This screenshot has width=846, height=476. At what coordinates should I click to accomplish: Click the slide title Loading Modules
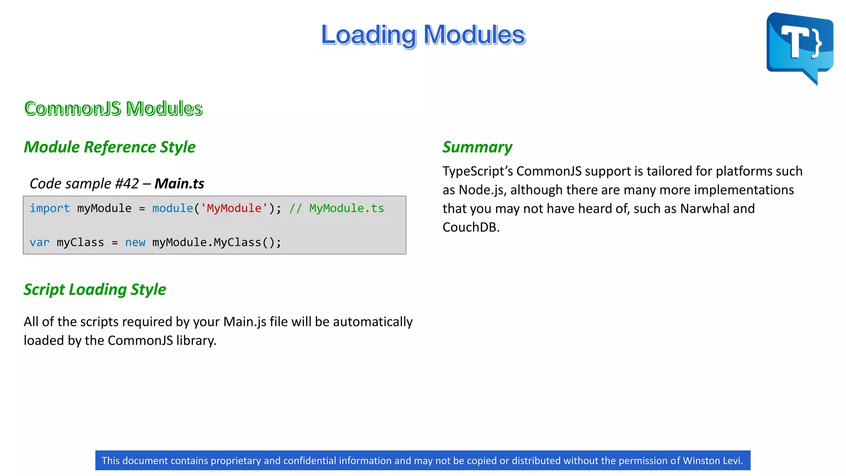click(x=423, y=35)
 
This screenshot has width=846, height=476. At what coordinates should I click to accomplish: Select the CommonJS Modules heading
click(x=113, y=108)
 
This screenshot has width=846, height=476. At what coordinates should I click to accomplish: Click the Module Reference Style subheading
click(x=109, y=147)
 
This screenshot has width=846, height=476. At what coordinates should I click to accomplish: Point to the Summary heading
click(x=477, y=147)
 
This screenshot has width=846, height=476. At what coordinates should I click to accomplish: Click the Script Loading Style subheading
click(x=95, y=290)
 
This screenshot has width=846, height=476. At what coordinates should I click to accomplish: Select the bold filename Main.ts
click(x=179, y=183)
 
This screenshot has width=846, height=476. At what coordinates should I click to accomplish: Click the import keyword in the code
click(x=50, y=208)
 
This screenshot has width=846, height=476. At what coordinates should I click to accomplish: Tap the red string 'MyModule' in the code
click(x=234, y=208)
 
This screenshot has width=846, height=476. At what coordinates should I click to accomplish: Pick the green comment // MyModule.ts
click(x=336, y=208)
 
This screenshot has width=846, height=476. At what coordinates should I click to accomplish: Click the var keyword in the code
click(x=39, y=243)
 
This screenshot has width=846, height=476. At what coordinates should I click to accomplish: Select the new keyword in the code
click(x=135, y=243)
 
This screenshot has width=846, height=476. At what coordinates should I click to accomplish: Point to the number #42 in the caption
click(x=127, y=183)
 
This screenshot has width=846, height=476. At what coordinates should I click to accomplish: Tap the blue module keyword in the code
click(x=173, y=208)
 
